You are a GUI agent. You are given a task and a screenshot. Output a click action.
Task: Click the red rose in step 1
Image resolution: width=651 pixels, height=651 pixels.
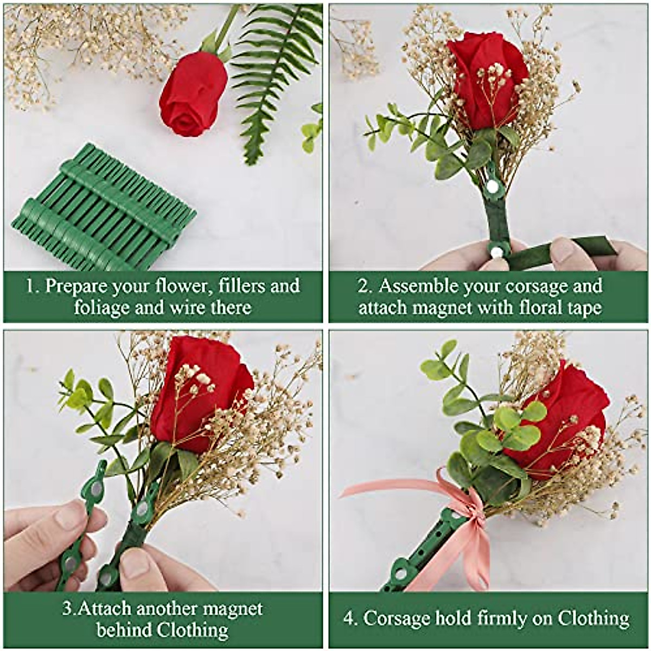click(193, 100)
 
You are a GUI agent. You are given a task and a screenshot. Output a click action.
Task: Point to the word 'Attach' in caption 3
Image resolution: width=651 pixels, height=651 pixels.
click(104, 609)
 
